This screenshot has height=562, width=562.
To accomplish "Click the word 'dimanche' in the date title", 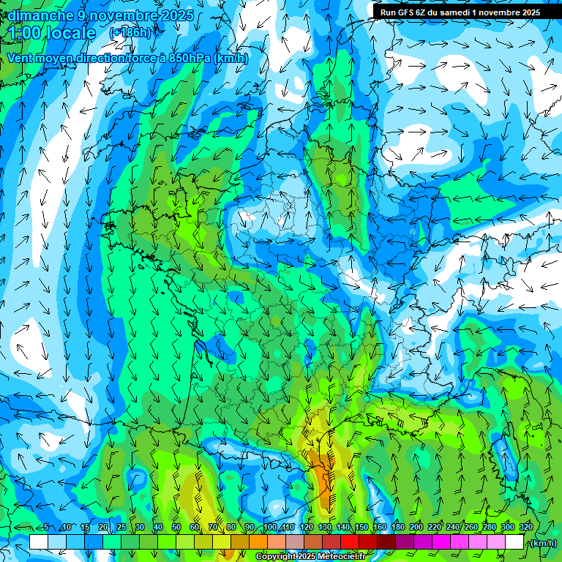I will point(40,15).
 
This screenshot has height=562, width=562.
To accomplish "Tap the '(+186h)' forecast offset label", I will point(130,32).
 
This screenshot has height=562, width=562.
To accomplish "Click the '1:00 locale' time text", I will point(52,33).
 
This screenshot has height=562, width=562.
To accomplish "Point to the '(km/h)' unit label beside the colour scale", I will point(544,543).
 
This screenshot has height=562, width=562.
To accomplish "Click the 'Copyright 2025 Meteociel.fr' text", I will point(310,557).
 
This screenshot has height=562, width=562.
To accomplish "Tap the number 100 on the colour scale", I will point(270,528).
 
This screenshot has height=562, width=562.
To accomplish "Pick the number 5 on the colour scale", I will point(45,528).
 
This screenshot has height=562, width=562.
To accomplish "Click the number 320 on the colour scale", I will point(525,528).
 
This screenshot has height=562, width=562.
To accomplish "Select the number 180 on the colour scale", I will point(398,528).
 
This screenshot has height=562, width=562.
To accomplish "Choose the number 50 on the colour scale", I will point(176,528).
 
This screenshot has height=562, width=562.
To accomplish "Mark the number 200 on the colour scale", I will point(416,528).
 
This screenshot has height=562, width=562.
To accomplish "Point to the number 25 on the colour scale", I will point(121,528).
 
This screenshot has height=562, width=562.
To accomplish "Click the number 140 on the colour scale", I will point(343,528).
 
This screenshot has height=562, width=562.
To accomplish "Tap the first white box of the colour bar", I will point(39,542).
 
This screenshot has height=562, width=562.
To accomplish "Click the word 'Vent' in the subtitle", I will point(21,58).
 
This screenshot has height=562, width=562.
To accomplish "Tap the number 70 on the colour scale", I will point(213,528).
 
